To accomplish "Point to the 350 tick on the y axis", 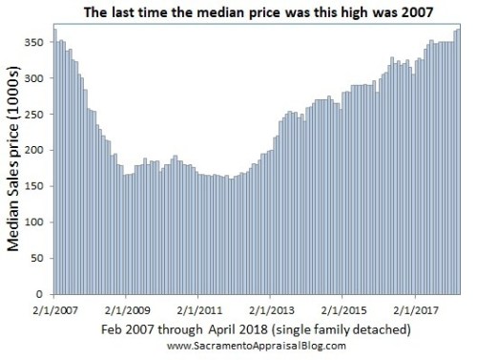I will [38, 42].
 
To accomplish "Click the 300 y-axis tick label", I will [38, 78].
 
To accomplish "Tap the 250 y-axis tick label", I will [38, 115].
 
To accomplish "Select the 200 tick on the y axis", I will [38, 151].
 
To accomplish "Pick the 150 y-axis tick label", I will [38, 187].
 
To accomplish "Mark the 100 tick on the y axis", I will [38, 223].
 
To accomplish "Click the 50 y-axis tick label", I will [41, 260].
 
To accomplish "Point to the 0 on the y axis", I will [44, 296].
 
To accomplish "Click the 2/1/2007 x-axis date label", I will [55, 310].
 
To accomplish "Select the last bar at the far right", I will [459, 162].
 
